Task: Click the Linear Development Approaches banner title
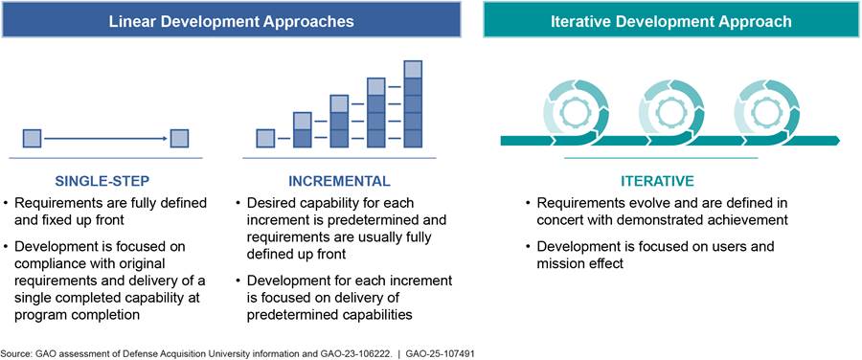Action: click(x=231, y=21)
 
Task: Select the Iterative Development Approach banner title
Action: click(x=671, y=21)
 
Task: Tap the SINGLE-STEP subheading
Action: click(x=102, y=181)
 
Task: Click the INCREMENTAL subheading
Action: click(x=339, y=181)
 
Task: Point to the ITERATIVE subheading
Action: click(x=657, y=181)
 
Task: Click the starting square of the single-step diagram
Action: click(x=32, y=139)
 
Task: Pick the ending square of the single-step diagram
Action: click(x=179, y=139)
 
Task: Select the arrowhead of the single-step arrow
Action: click(x=165, y=139)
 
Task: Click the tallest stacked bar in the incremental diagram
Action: click(x=413, y=103)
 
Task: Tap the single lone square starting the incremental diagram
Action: click(x=265, y=139)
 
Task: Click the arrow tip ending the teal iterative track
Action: click(x=839, y=141)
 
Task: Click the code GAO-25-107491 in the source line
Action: click(x=440, y=354)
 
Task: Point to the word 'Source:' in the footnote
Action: click(x=13, y=354)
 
